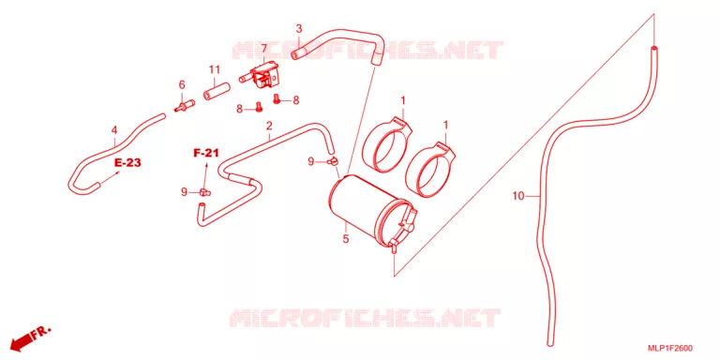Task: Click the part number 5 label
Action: coord(346,239)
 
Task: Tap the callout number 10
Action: coord(517,197)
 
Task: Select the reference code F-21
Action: coord(205,154)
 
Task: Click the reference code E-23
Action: coord(127,162)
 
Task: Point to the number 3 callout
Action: coord(298,29)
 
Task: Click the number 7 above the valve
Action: coord(264,49)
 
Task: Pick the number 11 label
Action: coord(215,69)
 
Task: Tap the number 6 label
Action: coord(182,85)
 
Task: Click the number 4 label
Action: coord(113,131)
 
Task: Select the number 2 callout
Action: coord(269,126)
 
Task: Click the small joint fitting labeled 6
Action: coord(185,106)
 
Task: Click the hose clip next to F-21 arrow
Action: coord(204,192)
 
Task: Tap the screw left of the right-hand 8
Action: coord(277,98)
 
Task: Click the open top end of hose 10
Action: coord(652,47)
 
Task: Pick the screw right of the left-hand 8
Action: coord(259,107)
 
